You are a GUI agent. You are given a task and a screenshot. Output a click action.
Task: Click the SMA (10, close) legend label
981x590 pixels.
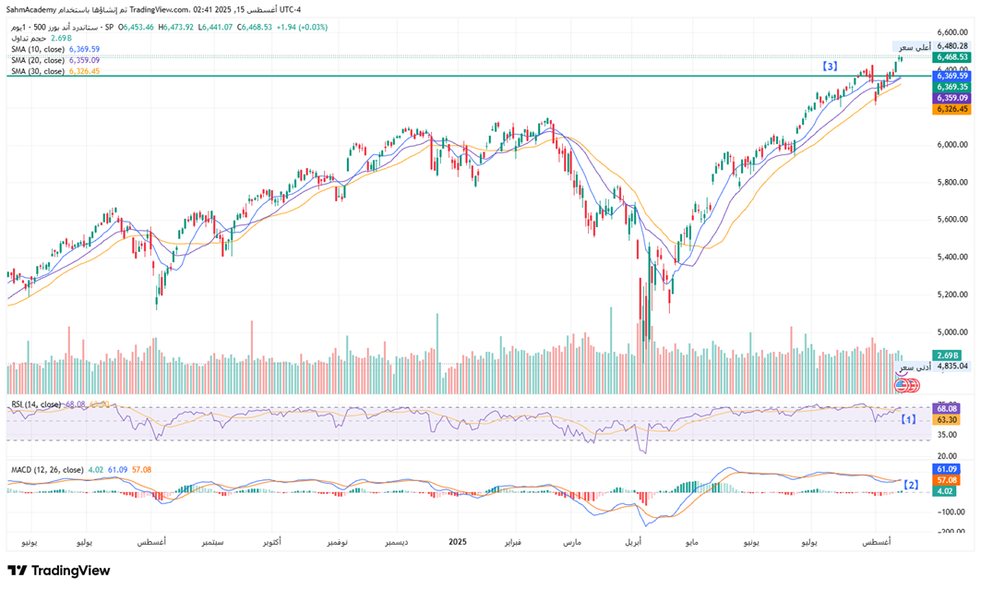click(38, 49)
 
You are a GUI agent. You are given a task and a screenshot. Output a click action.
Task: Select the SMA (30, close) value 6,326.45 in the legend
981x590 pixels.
click(84, 71)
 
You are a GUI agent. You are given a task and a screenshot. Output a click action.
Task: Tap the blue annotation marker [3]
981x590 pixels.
click(831, 66)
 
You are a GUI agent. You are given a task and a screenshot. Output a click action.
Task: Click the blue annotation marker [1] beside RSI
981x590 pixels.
click(908, 419)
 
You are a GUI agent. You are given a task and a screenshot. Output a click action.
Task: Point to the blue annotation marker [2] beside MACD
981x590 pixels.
click(911, 484)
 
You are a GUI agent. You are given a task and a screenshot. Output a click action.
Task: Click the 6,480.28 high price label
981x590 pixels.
click(951, 45)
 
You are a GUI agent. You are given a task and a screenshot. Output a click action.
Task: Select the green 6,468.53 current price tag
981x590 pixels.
click(951, 56)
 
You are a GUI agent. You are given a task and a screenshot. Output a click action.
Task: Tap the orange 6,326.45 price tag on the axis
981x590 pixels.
click(951, 109)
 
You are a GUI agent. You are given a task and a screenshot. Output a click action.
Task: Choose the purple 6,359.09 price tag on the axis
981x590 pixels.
click(951, 98)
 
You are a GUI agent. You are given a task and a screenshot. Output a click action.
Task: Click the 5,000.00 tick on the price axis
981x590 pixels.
click(951, 332)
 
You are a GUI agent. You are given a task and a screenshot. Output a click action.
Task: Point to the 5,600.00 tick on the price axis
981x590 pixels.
click(951, 220)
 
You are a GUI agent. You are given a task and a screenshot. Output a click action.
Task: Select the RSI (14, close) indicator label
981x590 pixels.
click(36, 403)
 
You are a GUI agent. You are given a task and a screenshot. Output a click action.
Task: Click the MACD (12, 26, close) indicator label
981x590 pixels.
click(45, 470)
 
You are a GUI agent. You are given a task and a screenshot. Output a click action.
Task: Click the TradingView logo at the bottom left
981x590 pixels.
click(59, 571)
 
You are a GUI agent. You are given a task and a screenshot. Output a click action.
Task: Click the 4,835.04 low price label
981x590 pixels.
click(951, 366)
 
